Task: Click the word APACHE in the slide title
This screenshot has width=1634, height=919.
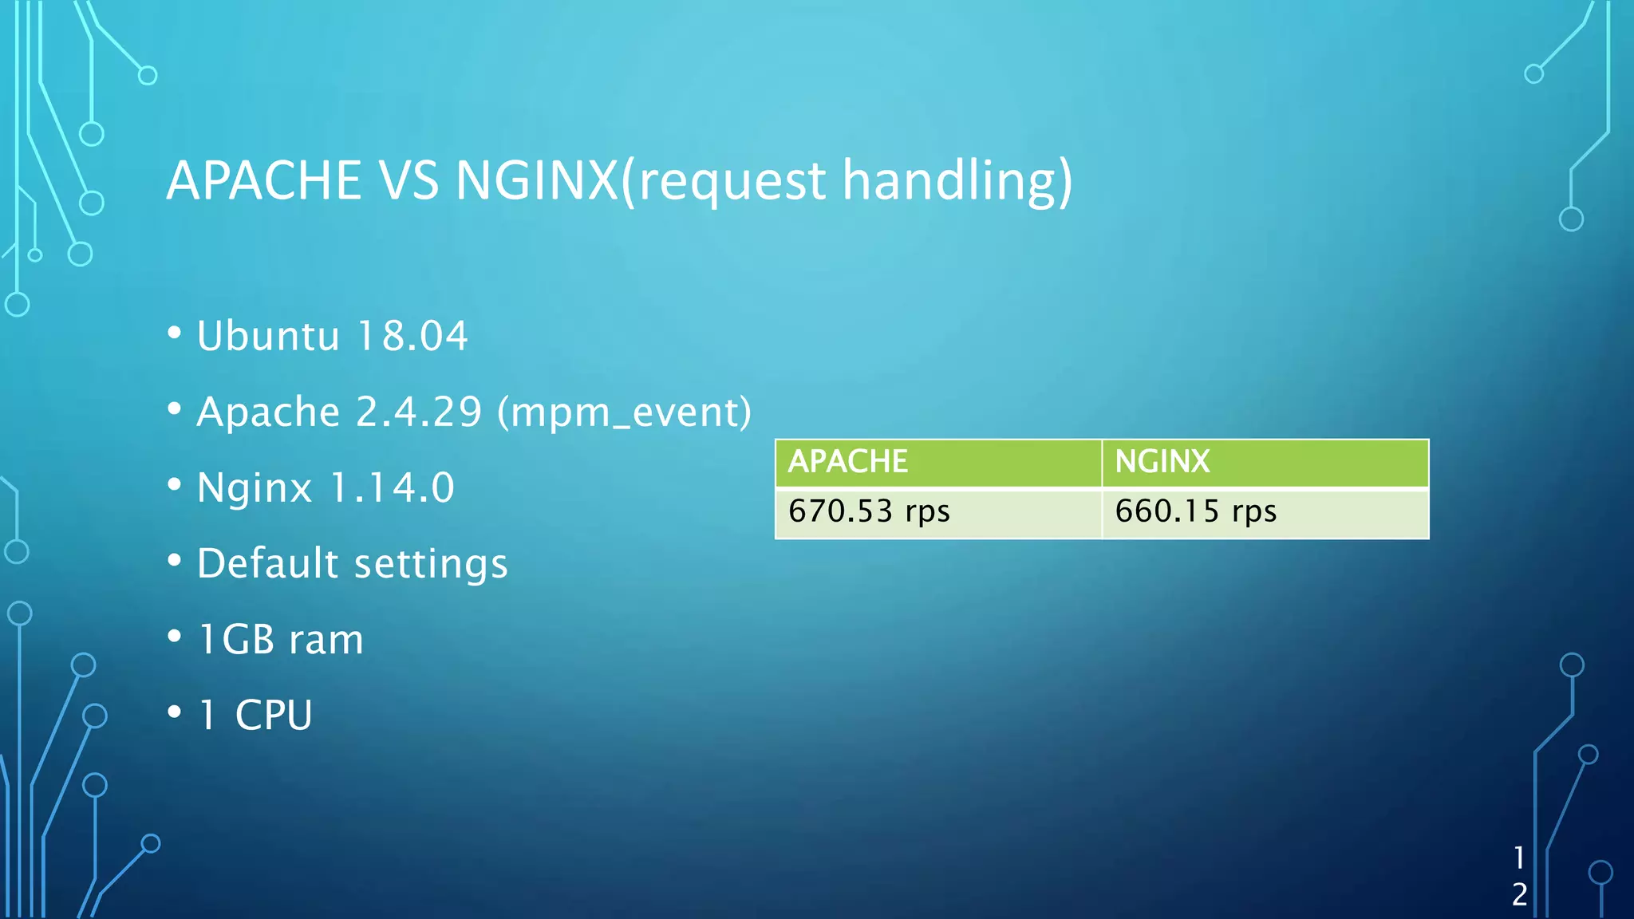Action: tap(264, 180)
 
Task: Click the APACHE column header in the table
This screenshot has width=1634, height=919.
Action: tap(848, 462)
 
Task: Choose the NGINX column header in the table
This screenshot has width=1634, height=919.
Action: tap(1162, 462)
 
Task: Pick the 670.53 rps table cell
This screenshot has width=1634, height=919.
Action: tap(869, 511)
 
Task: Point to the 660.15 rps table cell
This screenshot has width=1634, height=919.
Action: tap(1195, 511)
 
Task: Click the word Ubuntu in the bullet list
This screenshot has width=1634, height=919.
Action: tap(268, 336)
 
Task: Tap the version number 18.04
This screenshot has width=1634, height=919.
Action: tap(412, 336)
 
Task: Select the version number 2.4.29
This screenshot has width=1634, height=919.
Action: tap(419, 412)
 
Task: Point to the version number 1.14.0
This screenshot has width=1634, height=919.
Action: tap(392, 487)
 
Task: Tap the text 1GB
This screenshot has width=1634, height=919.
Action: tap(236, 639)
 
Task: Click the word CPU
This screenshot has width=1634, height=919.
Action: tap(274, 715)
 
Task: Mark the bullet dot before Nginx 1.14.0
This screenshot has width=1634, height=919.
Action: tap(175, 484)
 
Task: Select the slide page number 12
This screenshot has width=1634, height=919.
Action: tap(1519, 876)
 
